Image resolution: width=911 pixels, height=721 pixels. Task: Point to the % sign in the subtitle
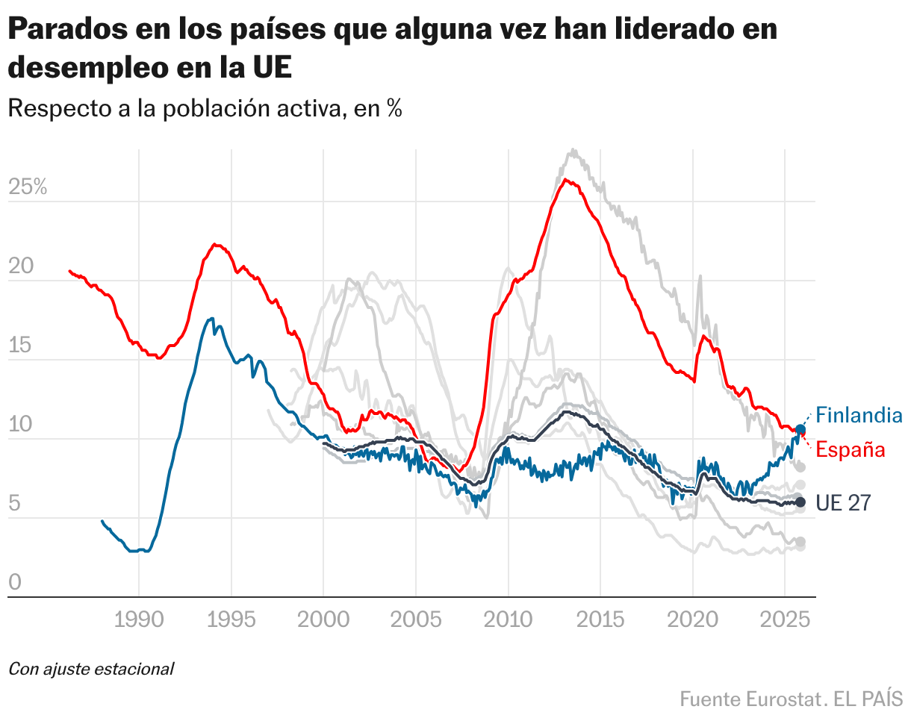click(x=394, y=109)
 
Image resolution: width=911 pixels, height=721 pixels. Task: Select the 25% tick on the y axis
click(x=28, y=187)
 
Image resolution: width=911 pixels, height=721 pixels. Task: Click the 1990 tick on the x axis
click(x=139, y=619)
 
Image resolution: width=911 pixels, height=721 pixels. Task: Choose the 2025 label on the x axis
click(x=784, y=619)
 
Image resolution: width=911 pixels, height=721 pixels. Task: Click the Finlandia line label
click(x=859, y=415)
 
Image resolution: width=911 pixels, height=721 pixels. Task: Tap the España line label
click(x=850, y=449)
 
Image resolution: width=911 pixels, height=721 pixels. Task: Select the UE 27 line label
click(x=843, y=503)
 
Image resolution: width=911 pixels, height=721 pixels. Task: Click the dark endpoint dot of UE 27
click(x=800, y=502)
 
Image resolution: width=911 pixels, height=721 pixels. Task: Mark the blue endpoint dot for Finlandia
click(x=800, y=429)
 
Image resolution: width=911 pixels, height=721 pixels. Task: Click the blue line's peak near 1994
click(x=211, y=319)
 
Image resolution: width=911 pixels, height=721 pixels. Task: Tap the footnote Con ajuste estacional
click(x=90, y=669)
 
